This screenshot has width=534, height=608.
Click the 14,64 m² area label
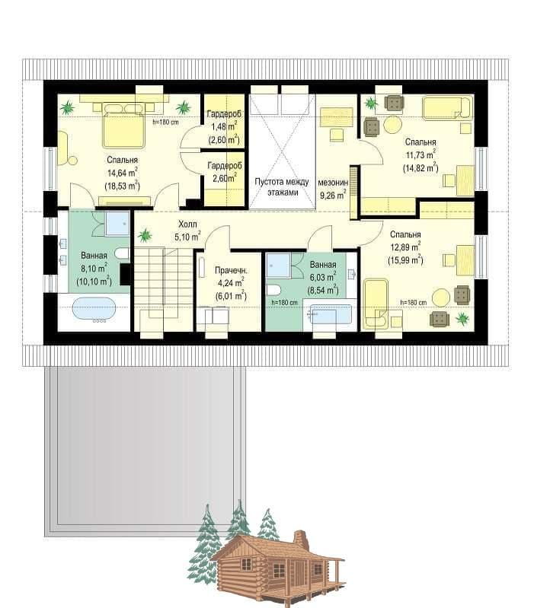point(122,173)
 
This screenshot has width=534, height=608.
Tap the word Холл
point(187,224)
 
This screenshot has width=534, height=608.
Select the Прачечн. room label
point(231,271)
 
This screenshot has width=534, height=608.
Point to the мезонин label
point(333,182)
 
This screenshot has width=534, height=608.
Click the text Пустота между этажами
point(282,187)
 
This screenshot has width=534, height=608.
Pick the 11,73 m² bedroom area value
point(420,154)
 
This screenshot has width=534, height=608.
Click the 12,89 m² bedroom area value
point(405,247)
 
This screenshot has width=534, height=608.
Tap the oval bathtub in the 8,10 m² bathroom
point(94,310)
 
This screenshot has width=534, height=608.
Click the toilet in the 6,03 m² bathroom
point(274,289)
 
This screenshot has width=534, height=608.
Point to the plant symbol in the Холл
point(145,235)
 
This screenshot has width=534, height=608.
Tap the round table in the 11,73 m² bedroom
point(393,125)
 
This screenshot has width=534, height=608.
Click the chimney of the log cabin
point(300,539)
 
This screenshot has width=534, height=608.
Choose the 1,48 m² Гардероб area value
point(224,127)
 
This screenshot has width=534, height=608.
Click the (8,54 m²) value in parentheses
point(322,290)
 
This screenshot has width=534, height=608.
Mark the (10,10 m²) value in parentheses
point(94,281)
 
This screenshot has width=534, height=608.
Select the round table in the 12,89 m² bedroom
point(441,298)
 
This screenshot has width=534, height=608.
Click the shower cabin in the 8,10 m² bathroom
point(117,224)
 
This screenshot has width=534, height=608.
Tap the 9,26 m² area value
point(333,195)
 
